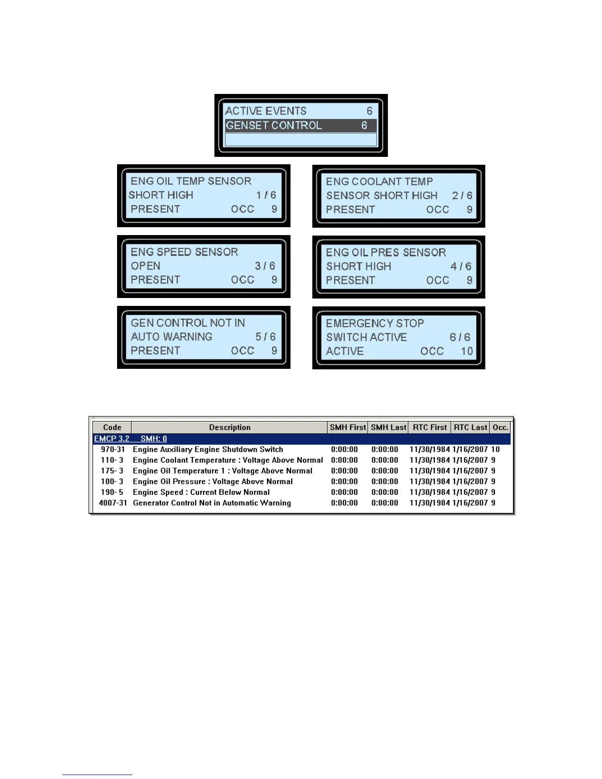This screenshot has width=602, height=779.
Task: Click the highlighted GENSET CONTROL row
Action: coord(301,125)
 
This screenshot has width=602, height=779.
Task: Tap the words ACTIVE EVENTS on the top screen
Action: coord(266,111)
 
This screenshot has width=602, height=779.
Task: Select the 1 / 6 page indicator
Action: coord(266,195)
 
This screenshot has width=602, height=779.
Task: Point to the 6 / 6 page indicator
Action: coord(460,337)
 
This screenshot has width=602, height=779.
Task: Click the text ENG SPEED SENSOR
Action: coord(184,252)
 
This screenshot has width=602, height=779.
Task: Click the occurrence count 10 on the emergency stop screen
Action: coord(467,351)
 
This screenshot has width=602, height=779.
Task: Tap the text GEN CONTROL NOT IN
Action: coord(188,323)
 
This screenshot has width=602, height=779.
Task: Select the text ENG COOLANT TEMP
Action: coord(379,182)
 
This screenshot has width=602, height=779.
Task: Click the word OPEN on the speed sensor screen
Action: coord(146,266)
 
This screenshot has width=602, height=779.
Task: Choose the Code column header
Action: coord(112,427)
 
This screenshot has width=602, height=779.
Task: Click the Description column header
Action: coord(230,427)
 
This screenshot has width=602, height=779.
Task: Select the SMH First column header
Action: coord(348,427)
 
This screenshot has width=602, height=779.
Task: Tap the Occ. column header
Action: coord(500,427)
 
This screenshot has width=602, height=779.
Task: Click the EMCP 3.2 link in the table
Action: coord(112,439)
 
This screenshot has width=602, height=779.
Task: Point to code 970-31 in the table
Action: coord(113,449)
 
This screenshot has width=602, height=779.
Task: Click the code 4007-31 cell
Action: coord(113,503)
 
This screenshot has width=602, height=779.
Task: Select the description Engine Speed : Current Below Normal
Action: coord(201,492)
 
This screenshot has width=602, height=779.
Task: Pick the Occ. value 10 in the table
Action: coord(495,449)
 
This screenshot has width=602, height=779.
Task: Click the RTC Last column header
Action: coord(471,427)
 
